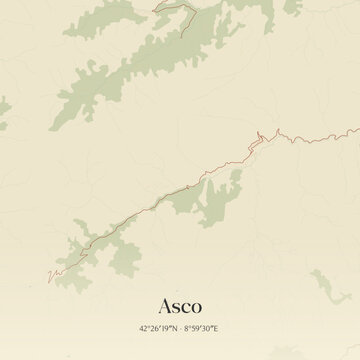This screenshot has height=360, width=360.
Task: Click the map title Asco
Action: [x=180, y=304]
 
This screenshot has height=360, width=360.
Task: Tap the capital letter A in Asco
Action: [x=164, y=304]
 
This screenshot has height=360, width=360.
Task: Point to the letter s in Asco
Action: [x=177, y=306]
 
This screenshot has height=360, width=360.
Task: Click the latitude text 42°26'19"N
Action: [x=158, y=327]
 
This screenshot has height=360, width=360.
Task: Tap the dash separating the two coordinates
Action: [x=182, y=327]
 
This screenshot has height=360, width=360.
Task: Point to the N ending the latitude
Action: [x=174, y=327]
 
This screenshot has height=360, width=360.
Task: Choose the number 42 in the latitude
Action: [x=145, y=327]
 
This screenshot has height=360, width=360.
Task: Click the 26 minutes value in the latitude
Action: [x=155, y=327]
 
